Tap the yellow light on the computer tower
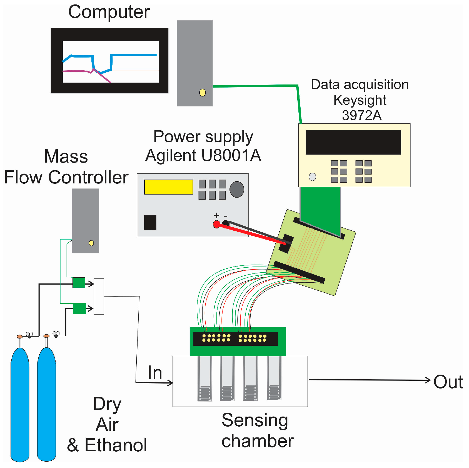coord(203,93)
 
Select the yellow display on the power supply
coord(168,187)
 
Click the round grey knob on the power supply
coord(237,189)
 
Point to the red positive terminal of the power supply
coord(216,224)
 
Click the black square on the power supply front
coord(150,223)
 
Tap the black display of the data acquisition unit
coord(353,142)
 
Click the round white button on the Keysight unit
coord(312,177)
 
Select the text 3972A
coord(361,115)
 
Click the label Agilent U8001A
coord(203,155)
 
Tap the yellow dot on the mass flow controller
coord(91,243)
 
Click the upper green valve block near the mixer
coord(79,283)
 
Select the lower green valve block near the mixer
coord(79,309)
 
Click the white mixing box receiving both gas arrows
coord(99,297)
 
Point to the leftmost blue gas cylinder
coord(20,403)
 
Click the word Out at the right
coord(448,382)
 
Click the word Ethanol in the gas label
coord(116,445)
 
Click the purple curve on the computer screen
coord(78,71)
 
